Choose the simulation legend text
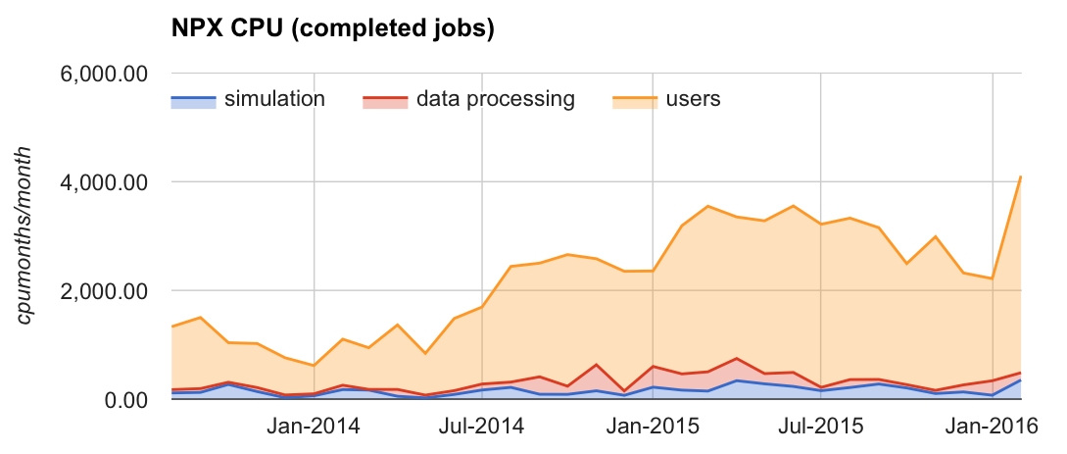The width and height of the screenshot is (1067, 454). tap(274, 100)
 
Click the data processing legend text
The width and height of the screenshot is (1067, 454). tap(495, 100)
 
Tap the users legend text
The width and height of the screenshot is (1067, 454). tap(693, 100)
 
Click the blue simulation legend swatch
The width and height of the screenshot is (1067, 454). tap(193, 101)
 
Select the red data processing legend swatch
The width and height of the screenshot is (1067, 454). tap(384, 101)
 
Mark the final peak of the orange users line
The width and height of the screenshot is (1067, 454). tap(1021, 177)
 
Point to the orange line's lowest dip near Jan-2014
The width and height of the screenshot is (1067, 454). tap(314, 366)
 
